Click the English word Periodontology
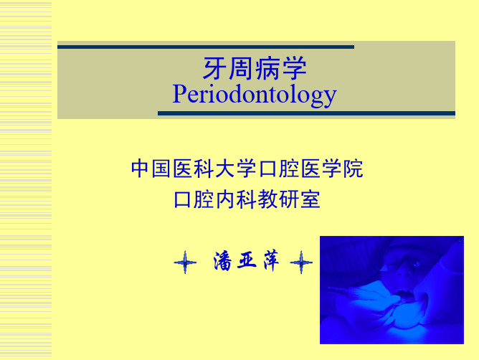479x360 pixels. [255, 95]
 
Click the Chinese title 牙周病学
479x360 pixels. [255, 68]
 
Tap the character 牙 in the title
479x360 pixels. [214, 68]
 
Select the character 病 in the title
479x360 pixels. [267, 68]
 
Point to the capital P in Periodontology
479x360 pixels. [179, 93]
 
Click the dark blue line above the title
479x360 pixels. [206, 47]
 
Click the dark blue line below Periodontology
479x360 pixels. [306, 113]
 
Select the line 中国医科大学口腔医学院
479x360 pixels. [247, 169]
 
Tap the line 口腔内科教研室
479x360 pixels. [247, 199]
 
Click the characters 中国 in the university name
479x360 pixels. [151, 169]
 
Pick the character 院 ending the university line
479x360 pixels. [353, 169]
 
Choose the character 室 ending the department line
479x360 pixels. [310, 199]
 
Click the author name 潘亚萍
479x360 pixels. [246, 261]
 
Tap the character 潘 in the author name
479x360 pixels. [223, 261]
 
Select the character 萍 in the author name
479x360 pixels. [271, 260]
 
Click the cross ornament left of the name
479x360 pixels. [185, 262]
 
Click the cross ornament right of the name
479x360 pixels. [301, 262]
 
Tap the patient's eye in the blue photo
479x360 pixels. [417, 263]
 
